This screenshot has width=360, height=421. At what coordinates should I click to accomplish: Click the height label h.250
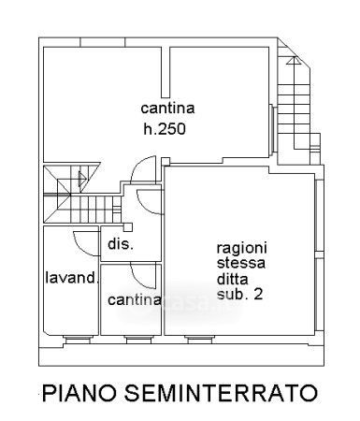(x=165, y=129)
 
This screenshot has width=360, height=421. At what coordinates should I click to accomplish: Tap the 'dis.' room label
(x=121, y=243)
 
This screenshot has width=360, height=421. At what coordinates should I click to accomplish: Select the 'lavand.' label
(x=72, y=278)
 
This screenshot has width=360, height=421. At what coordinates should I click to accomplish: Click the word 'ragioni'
(x=242, y=249)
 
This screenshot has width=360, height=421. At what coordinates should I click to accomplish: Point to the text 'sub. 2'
(x=239, y=294)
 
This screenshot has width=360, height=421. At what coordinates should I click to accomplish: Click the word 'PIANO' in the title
(x=80, y=393)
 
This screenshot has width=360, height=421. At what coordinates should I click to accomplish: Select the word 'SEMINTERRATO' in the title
(x=221, y=393)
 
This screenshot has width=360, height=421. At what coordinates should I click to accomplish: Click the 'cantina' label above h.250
(x=167, y=109)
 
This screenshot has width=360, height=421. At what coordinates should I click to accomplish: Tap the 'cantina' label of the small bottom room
(x=135, y=299)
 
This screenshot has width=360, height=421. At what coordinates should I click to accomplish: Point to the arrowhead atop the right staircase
(x=294, y=61)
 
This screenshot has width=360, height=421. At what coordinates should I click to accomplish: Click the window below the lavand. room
(x=78, y=340)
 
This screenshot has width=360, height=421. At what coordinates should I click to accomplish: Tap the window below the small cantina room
(x=139, y=340)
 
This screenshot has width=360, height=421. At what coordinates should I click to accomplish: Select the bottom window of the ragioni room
(x=200, y=340)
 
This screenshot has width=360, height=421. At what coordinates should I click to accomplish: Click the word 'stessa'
(x=241, y=263)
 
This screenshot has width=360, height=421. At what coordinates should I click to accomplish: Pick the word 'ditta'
(x=233, y=278)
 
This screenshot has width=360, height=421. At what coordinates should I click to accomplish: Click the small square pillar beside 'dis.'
(x=128, y=227)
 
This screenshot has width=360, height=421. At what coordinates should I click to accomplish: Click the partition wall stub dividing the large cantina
(x=166, y=72)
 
